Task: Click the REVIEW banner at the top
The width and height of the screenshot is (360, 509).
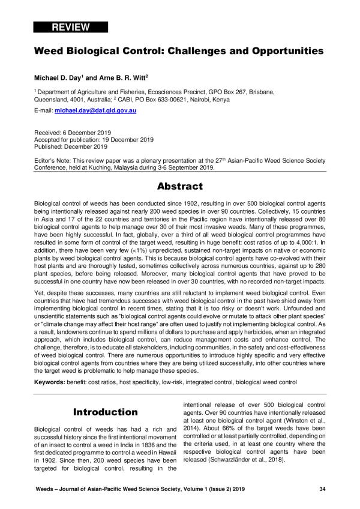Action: pos(71,27)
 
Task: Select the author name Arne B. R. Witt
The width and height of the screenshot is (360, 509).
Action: pos(116,78)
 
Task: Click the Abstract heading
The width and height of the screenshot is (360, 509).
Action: pos(179,186)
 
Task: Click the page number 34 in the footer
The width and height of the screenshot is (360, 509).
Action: pos(322,490)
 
